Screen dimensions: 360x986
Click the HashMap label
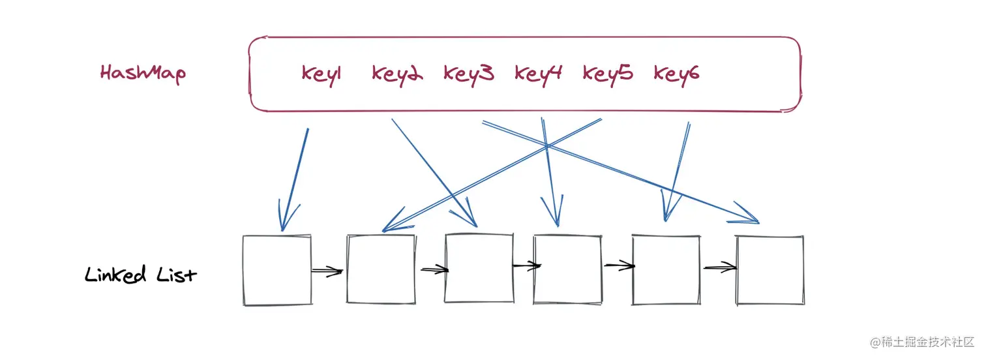click(x=143, y=72)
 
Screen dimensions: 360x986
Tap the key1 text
click(x=321, y=74)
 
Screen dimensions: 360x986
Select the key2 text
click(x=397, y=74)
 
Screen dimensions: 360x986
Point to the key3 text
click(x=468, y=74)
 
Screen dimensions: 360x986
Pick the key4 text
click(x=538, y=74)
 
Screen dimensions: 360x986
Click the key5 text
click(x=608, y=74)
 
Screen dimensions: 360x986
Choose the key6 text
click(x=677, y=74)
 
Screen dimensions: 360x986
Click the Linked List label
click(x=140, y=275)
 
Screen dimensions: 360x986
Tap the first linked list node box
click(x=276, y=270)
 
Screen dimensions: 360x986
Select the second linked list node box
click(x=381, y=269)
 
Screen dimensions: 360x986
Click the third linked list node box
click(x=479, y=268)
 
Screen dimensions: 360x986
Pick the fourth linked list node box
click(x=567, y=269)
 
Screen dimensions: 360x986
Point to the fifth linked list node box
click(x=666, y=270)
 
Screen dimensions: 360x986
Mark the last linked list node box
click(x=770, y=270)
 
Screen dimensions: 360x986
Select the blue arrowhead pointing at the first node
click(x=284, y=218)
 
